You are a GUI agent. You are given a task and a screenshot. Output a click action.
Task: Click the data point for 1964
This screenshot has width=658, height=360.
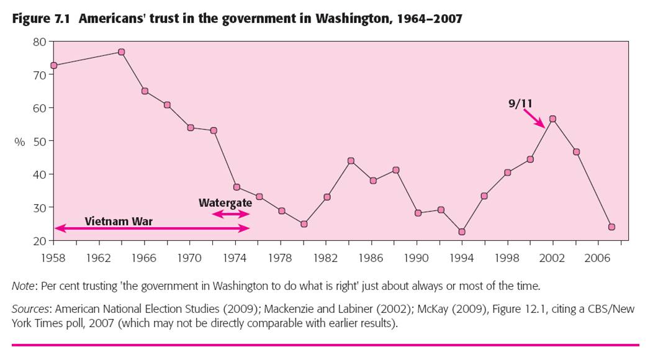pyautogui.click(x=122, y=52)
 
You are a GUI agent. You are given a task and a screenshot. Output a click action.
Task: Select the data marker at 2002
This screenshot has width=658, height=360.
pyautogui.click(x=552, y=119)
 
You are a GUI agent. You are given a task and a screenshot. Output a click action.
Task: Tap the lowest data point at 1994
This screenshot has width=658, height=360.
pyautogui.click(x=461, y=232)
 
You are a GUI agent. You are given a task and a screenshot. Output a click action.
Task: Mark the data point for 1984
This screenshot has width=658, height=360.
pyautogui.click(x=351, y=161)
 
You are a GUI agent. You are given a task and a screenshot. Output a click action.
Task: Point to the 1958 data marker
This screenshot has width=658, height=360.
pyautogui.click(x=54, y=65)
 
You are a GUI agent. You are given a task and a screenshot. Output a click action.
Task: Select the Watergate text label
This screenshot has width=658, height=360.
pyautogui.click(x=225, y=203)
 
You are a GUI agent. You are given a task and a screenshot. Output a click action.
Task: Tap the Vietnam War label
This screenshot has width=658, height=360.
pyautogui.click(x=119, y=221)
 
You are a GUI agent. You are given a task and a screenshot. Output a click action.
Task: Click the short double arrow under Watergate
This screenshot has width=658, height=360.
pyautogui.click(x=231, y=214)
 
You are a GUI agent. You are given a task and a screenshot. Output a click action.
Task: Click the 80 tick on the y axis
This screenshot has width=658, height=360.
pyautogui.click(x=39, y=42)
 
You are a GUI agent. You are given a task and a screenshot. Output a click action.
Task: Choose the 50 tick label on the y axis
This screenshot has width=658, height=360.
pyautogui.click(x=39, y=141)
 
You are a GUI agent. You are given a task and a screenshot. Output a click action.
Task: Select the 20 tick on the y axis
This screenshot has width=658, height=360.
pyautogui.click(x=39, y=241)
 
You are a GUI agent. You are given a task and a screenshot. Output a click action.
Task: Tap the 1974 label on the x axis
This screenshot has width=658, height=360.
pyautogui.click(x=235, y=256)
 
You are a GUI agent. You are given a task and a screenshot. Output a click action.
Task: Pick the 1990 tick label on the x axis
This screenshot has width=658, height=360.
pyautogui.click(x=417, y=256)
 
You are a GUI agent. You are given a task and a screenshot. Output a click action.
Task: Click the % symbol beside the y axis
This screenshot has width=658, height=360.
pyautogui.click(x=20, y=142)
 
